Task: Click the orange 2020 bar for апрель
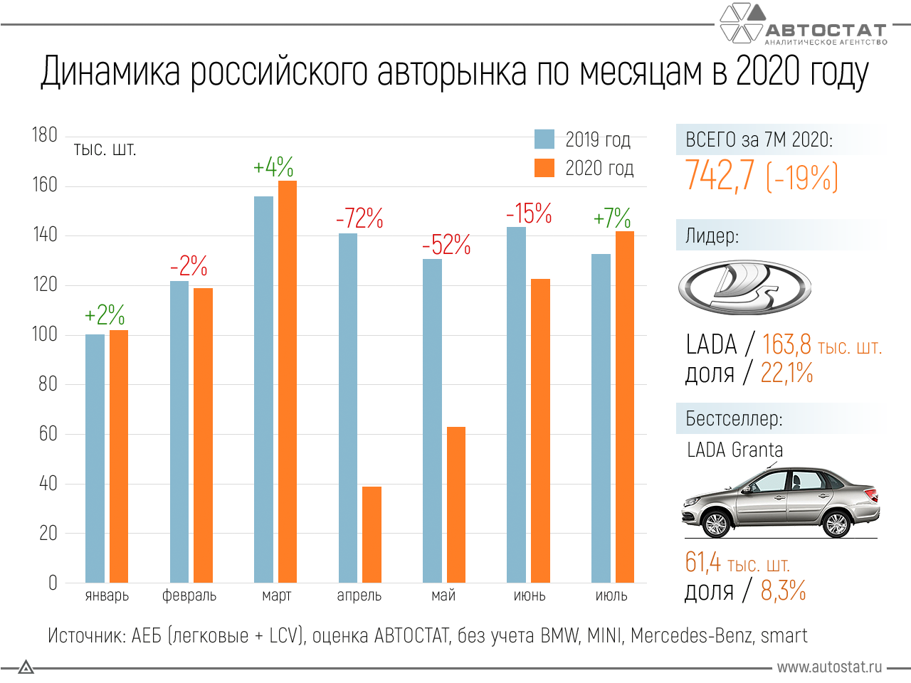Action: tap(372, 534)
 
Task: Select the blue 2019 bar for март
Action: tap(263, 389)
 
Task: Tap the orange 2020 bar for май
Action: tap(455, 504)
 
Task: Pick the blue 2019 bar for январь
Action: tap(95, 458)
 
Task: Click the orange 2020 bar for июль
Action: tap(624, 407)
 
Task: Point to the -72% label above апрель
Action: tap(359, 218)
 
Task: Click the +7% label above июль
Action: tap(612, 218)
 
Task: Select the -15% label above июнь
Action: tap(529, 213)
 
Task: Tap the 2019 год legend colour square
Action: tap(544, 139)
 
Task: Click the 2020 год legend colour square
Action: tap(544, 168)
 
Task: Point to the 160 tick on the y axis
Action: tap(44, 185)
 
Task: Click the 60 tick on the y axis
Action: tap(48, 433)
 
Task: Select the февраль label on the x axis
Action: tap(189, 595)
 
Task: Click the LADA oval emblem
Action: tap(744, 287)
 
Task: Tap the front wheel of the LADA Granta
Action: tap(715, 524)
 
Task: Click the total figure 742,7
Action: tap(720, 176)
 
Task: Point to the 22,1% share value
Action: tap(786, 373)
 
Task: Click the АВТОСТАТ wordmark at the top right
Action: tap(826, 31)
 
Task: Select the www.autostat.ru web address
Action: tap(829, 667)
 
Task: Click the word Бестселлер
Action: tap(734, 418)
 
